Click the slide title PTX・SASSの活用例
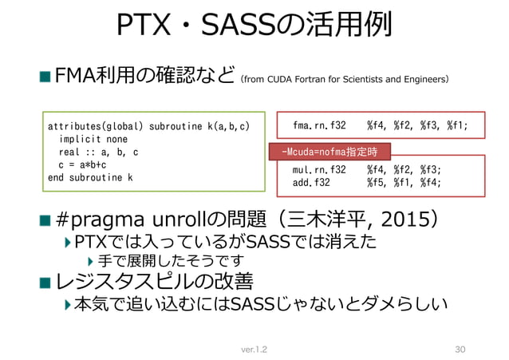254,26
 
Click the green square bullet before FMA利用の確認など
45,77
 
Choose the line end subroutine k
90,177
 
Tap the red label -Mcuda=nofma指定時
330,149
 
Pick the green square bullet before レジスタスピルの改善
45,282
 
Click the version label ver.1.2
254,349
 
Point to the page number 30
458,349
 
